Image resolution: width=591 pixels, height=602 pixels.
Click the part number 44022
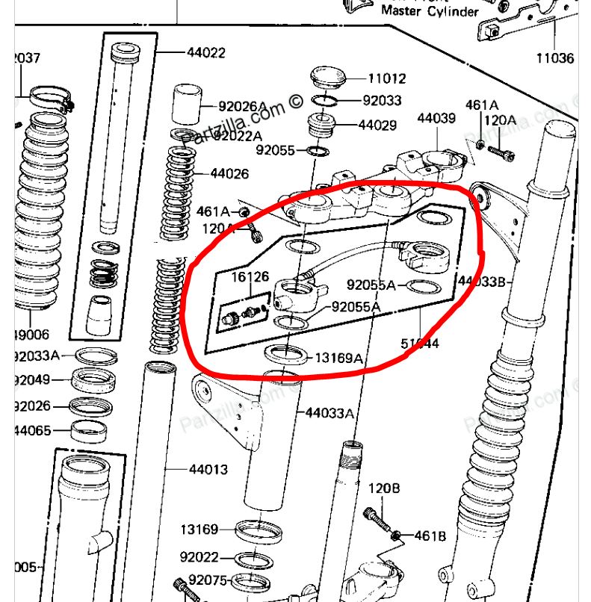[x=205, y=53]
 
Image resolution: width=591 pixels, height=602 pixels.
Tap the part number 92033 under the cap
[x=382, y=101]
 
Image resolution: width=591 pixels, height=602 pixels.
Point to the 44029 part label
[x=377, y=125]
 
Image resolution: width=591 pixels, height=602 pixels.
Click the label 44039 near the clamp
[x=436, y=119]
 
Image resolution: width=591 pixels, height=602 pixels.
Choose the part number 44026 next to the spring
[x=229, y=174]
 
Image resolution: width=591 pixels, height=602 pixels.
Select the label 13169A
[x=338, y=359]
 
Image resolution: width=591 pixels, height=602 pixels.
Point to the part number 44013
[x=208, y=470]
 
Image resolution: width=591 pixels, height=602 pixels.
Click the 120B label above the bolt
[x=384, y=489]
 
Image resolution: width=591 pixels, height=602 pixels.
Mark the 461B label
[x=429, y=536]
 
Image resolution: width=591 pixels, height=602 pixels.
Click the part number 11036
[x=555, y=58]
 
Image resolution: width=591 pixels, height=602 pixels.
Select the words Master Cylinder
[x=430, y=11]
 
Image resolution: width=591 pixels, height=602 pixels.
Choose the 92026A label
[x=242, y=107]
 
